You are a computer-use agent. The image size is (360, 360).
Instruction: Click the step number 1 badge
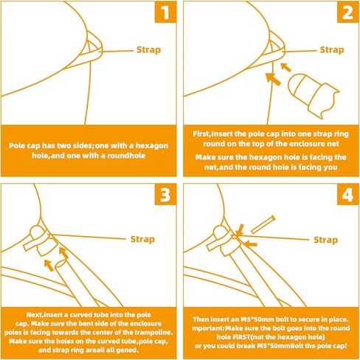coord(165,12)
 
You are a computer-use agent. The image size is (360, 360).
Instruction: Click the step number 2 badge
coord(347,12)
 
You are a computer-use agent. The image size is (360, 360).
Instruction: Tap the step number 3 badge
coord(165,194)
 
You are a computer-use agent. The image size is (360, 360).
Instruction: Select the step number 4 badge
coord(347,194)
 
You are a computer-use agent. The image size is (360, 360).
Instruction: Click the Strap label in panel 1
coord(148,50)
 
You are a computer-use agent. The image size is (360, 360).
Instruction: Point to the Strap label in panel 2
coord(332,50)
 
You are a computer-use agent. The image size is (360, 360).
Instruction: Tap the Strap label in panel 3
coord(142,239)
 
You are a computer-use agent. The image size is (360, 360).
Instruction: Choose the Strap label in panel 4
coord(326,240)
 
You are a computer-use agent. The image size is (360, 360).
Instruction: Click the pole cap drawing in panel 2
coord(313,95)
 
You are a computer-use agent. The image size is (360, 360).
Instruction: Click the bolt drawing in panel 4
coord(263,224)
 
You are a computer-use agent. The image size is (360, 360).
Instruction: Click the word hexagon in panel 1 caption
coord(152,145)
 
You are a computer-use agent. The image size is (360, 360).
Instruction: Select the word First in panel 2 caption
coord(201,134)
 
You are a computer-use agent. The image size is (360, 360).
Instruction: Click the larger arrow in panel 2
coord(273,79)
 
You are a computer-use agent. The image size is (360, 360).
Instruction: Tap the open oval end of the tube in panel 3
coord(60,264)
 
